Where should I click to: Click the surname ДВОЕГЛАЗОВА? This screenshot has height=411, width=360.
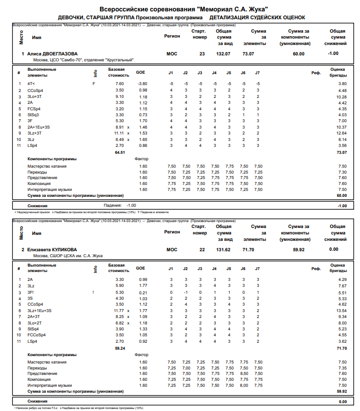pyautogui.click(x=59, y=53)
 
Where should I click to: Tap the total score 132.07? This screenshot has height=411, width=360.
pyautogui.click(x=223, y=53)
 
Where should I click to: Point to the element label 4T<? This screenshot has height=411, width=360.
pyautogui.click(x=31, y=84)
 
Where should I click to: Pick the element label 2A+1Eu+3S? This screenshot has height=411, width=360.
pyautogui.click(x=39, y=127)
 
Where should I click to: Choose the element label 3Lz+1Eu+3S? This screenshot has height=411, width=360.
pyautogui.click(x=40, y=311)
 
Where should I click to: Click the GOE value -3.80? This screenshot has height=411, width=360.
pyautogui.click(x=142, y=84)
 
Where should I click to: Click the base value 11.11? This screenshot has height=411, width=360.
pyautogui.click(x=118, y=133)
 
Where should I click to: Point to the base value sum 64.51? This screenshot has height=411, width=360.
pyautogui.click(x=119, y=153)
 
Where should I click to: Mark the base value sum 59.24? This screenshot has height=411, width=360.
pyautogui.click(x=119, y=348)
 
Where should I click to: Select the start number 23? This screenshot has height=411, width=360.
pyautogui.click(x=202, y=53)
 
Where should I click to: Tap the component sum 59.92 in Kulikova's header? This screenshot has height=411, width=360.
pyautogui.click(x=299, y=250)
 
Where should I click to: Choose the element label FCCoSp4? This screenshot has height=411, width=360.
pyautogui.click(x=36, y=335)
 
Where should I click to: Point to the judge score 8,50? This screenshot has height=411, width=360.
pyautogui.click(x=244, y=373)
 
